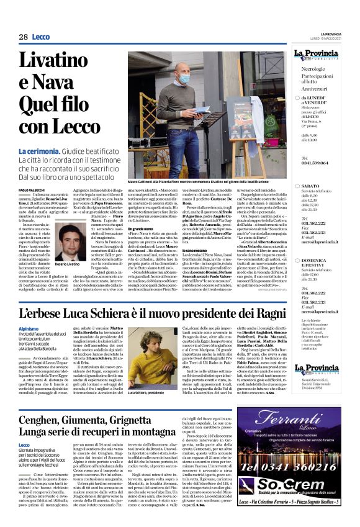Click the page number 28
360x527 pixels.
tap(23, 37)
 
